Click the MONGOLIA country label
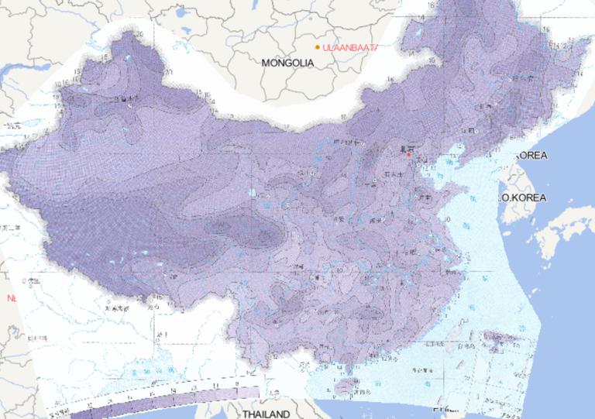287,62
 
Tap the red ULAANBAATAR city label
349,48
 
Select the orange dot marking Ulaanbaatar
318,48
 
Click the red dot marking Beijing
408,154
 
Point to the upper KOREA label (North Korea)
531,156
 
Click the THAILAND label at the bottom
266,414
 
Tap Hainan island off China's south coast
346,386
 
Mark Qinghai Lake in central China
253,194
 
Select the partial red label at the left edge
10,297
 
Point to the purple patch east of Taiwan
496,338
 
